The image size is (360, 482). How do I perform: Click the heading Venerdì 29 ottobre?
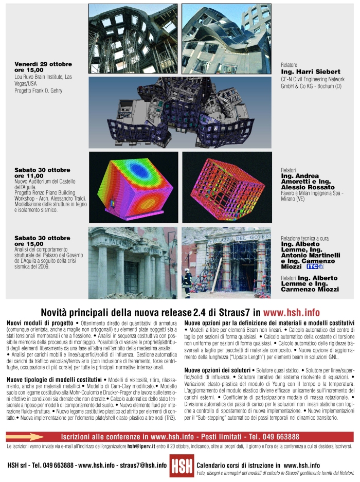(x=43, y=64)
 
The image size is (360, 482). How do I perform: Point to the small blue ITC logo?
(x=315, y=266)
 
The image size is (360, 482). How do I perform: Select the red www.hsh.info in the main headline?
(x=291, y=312)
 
